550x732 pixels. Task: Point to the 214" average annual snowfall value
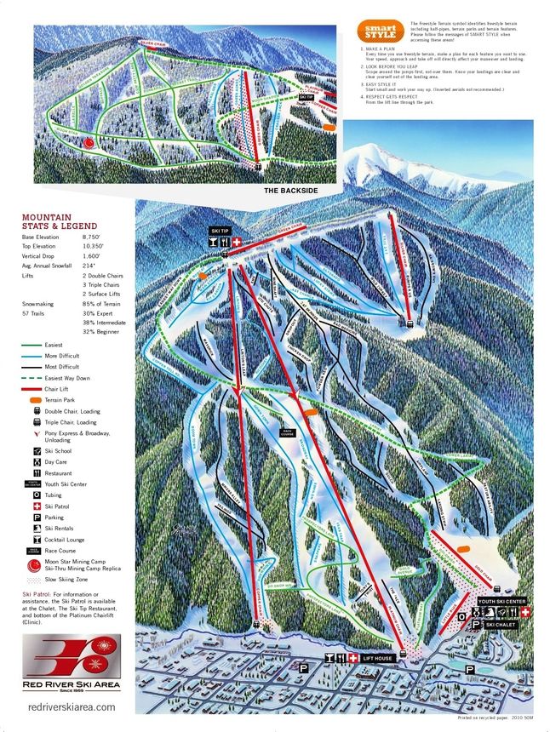[x=89, y=265]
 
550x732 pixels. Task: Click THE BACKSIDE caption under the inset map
[x=290, y=191]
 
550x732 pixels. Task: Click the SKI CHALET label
[x=502, y=625]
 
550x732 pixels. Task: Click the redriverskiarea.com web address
[x=72, y=706]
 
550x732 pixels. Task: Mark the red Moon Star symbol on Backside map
[x=89, y=144]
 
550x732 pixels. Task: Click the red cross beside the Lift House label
[x=353, y=659]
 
